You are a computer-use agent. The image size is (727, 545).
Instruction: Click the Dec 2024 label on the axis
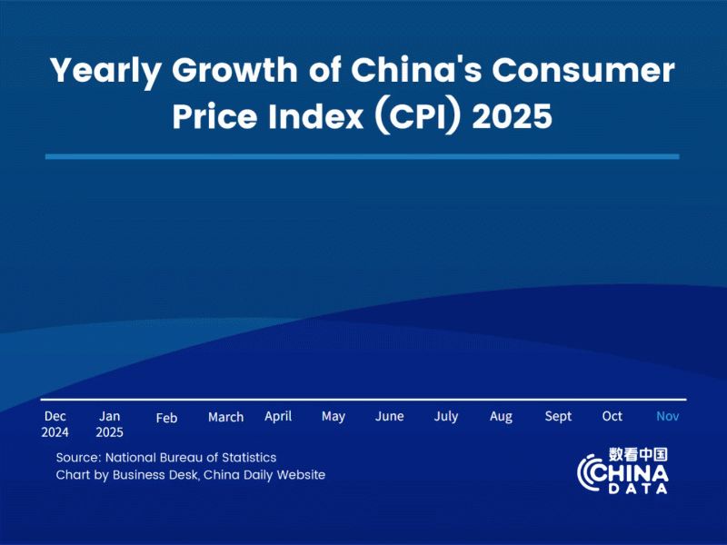(55, 423)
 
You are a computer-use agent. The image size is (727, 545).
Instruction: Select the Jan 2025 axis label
(109, 423)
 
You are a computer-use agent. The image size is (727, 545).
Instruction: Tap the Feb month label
(166, 418)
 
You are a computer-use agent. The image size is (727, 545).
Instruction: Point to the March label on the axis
(225, 417)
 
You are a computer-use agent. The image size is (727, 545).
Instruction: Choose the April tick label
(278, 416)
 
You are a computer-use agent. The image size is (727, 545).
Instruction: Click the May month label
(334, 417)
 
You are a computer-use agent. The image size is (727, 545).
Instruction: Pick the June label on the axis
(390, 416)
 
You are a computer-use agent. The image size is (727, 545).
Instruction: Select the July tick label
(446, 417)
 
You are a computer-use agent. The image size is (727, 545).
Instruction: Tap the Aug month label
(501, 417)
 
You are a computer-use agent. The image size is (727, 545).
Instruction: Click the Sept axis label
(558, 416)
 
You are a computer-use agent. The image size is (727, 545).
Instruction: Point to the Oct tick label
(612, 416)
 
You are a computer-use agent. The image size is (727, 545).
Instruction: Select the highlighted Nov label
(668, 416)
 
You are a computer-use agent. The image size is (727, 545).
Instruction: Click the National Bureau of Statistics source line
(166, 457)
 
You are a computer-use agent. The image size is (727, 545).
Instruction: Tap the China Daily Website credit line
(190, 475)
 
